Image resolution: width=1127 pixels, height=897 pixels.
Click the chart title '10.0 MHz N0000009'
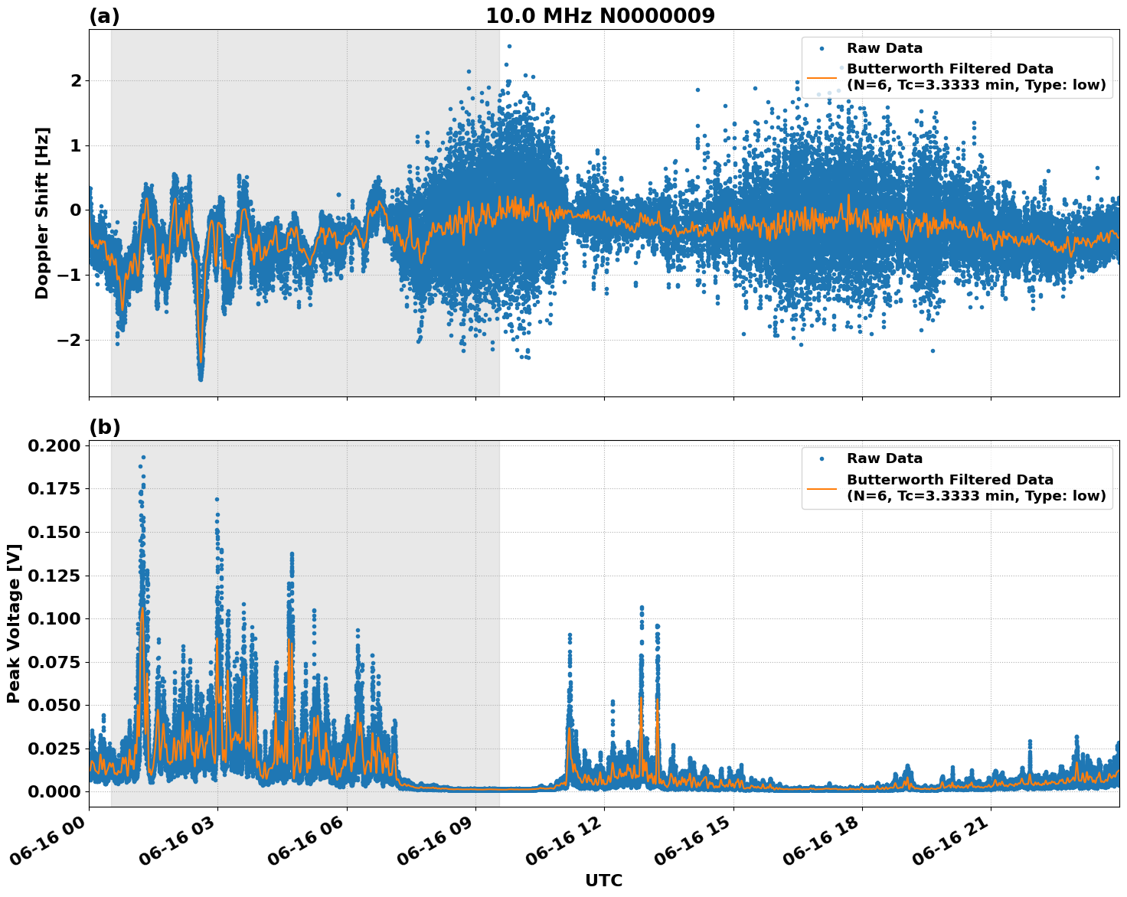point(599,16)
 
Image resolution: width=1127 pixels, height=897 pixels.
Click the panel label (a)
point(104,16)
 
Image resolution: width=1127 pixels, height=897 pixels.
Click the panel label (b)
point(104,428)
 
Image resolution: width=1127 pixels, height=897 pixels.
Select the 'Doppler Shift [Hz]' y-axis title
point(42,213)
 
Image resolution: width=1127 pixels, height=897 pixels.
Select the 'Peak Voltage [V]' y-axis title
point(13,623)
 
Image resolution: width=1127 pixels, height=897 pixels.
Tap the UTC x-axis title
point(603,881)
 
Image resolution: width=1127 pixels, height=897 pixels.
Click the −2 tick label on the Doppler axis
point(70,340)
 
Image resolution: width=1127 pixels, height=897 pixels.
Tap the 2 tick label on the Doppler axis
point(75,81)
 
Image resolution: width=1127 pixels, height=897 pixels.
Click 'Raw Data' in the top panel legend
point(884,49)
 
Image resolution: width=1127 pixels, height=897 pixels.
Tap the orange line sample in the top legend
point(822,77)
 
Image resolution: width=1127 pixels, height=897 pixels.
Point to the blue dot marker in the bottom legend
point(822,459)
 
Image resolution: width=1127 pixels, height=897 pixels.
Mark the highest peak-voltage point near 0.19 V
point(143,458)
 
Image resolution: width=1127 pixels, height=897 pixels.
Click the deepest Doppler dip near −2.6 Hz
point(201,378)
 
